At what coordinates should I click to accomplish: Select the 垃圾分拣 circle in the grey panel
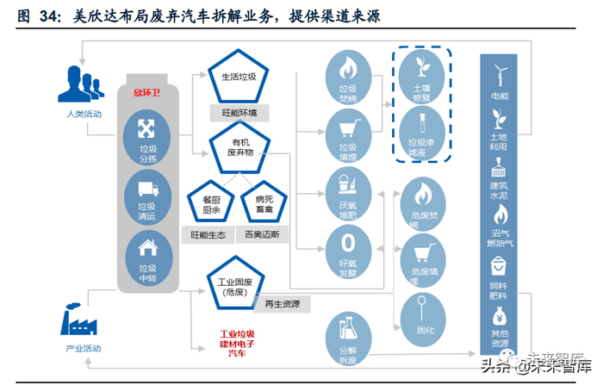click(x=146, y=140)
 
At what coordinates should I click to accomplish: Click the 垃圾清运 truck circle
click(x=146, y=197)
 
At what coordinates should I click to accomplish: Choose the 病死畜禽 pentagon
click(x=264, y=200)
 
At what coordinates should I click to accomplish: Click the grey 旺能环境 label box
click(x=239, y=113)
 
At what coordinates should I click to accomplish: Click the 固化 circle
click(x=422, y=310)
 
